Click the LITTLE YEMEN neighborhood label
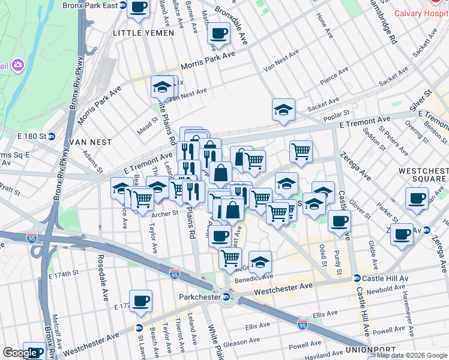click(x=136, y=33)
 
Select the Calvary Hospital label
click(x=421, y=14)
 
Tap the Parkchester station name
click(x=200, y=296)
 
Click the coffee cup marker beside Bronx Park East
click(x=139, y=8)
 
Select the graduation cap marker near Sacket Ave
click(x=283, y=110)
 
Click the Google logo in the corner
click(x=20, y=353)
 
